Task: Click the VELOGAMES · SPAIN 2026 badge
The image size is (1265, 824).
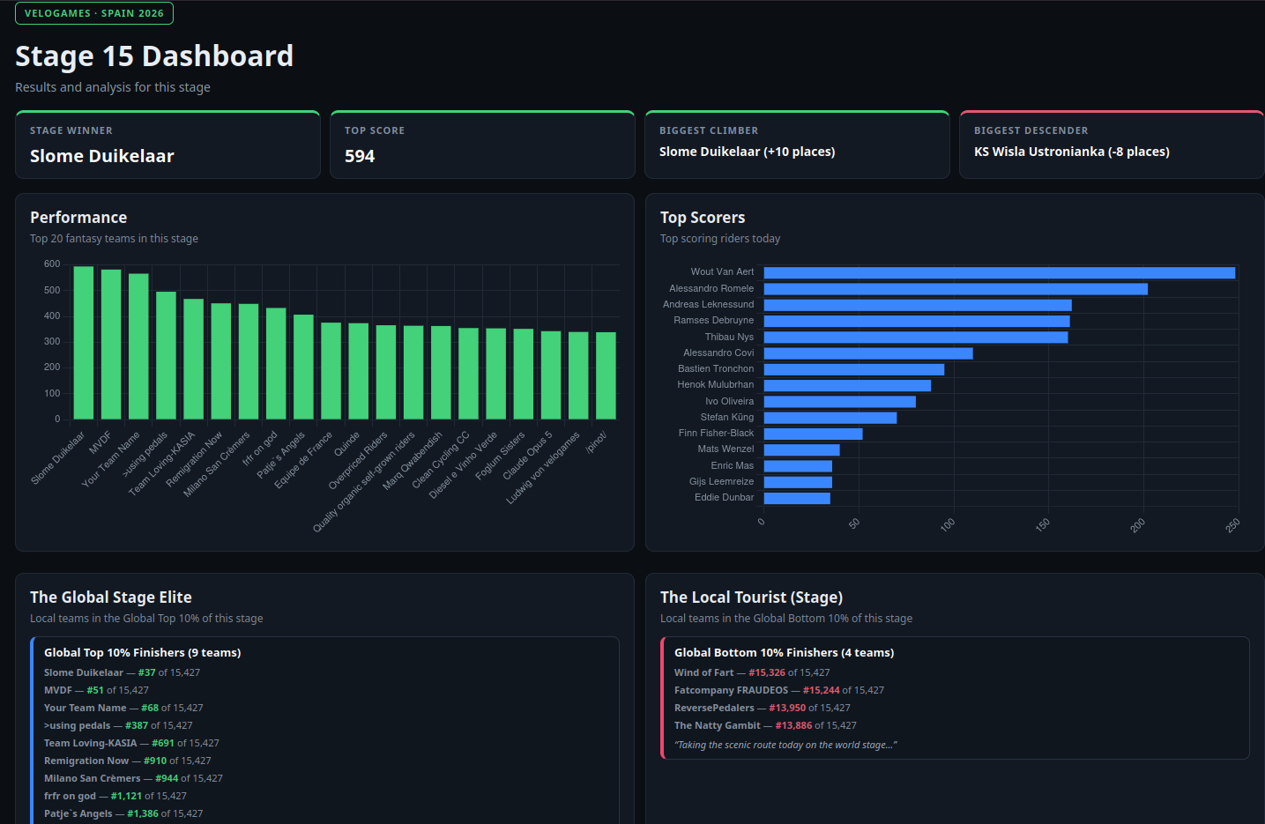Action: click(94, 13)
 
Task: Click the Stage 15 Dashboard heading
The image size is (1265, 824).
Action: click(154, 56)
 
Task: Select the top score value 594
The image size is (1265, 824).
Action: click(360, 156)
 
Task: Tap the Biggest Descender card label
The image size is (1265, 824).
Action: click(1031, 130)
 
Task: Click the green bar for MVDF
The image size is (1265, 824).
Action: click(111, 345)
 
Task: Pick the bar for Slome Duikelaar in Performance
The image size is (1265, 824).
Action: click(84, 343)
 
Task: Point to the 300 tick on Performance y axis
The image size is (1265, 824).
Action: click(52, 341)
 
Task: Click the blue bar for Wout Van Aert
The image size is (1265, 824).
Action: click(1000, 273)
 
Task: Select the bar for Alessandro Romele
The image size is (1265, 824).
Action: click(956, 289)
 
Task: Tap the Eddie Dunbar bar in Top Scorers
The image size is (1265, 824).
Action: click(797, 498)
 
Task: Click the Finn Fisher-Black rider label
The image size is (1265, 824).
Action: click(716, 433)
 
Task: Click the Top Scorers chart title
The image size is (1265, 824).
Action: click(703, 218)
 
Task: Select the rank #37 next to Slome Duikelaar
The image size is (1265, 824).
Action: click(147, 672)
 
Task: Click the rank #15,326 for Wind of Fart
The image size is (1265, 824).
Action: click(767, 672)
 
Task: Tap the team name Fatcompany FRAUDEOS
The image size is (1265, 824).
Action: click(731, 690)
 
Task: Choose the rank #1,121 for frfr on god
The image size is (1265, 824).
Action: click(127, 796)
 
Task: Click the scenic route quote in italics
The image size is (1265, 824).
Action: click(785, 745)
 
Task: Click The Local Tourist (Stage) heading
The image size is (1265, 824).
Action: click(751, 598)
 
